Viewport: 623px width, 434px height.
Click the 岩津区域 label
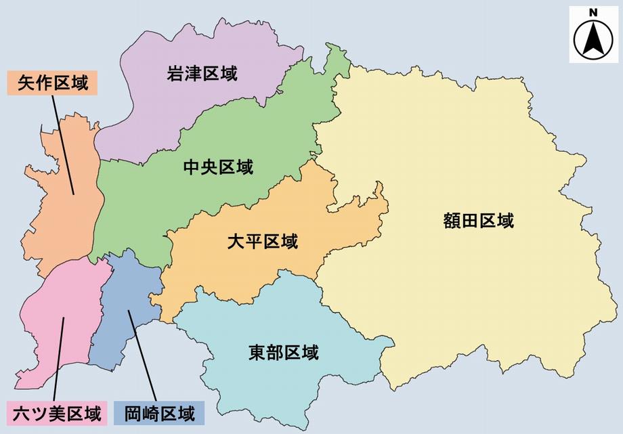tap(202, 74)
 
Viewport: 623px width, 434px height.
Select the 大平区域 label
tap(262, 241)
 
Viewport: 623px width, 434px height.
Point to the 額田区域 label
tap(478, 221)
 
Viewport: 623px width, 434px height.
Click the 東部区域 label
tap(283, 353)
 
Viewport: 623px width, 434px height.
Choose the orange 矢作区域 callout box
tap(53, 84)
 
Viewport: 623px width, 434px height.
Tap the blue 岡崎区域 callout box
tap(160, 412)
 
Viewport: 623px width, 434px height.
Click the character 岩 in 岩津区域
tap(175, 74)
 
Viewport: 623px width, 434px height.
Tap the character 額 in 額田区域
tap(452, 221)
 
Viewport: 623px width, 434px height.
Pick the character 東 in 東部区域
tap(257, 353)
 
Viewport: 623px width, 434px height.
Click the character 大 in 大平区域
tap(236, 241)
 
